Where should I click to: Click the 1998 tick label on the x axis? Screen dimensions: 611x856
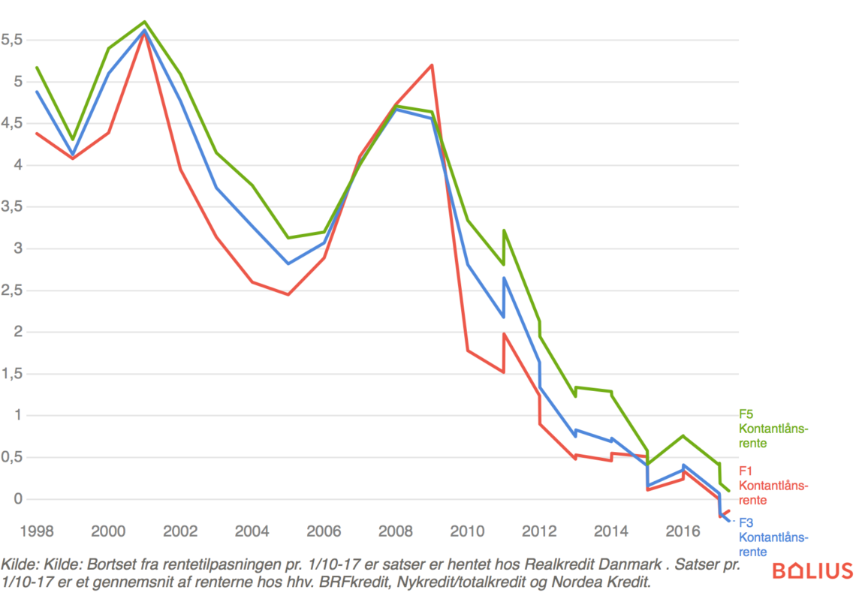click(37, 531)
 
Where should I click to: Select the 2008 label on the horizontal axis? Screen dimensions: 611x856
click(396, 531)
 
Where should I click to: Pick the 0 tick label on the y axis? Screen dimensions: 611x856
click(8, 499)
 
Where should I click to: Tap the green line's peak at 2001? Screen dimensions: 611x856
click(144, 22)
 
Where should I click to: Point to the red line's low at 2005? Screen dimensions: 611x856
click(288, 294)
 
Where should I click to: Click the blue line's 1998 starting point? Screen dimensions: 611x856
click(37, 92)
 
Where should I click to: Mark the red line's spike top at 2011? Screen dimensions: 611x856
click(504, 334)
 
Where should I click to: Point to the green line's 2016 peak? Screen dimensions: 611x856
click(683, 435)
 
